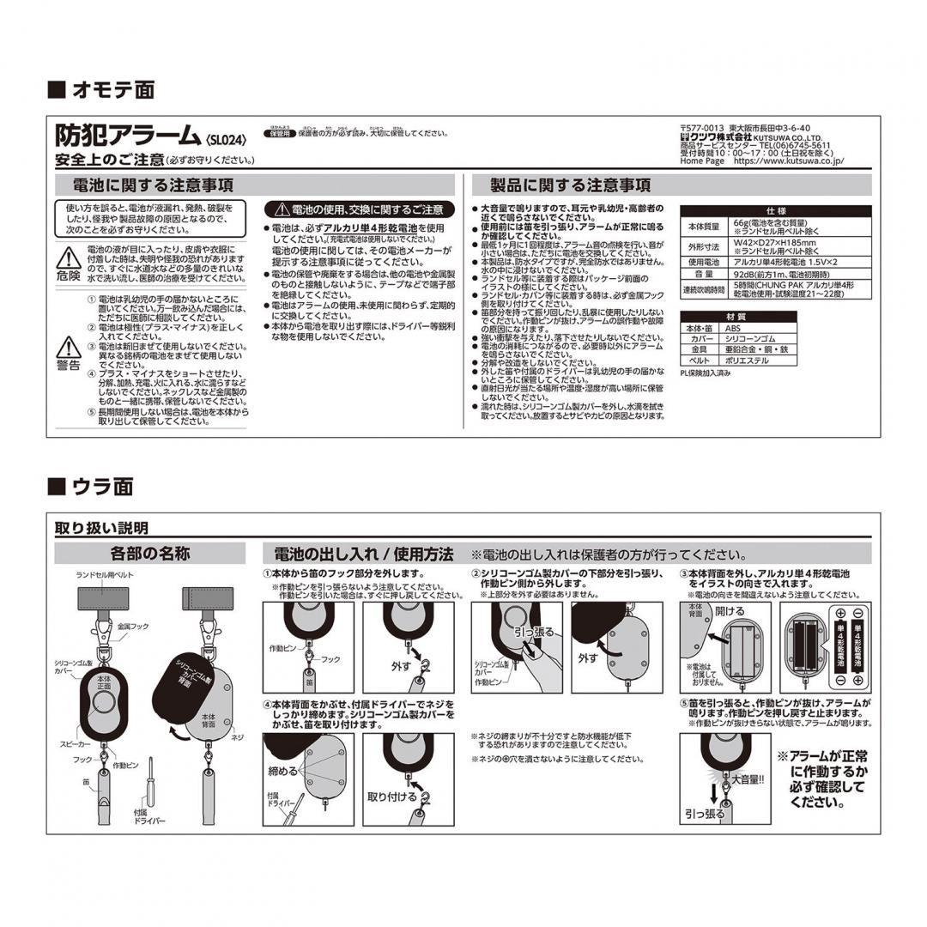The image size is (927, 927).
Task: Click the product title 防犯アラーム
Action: pyautogui.click(x=128, y=136)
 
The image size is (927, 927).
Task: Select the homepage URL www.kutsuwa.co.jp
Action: pyautogui.click(x=789, y=161)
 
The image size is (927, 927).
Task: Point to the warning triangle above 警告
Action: pyautogui.click(x=68, y=347)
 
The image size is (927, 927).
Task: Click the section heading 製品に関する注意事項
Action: pyautogui.click(x=570, y=185)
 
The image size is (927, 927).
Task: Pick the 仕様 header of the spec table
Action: pyautogui.click(x=774, y=211)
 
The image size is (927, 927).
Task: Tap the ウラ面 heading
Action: pyautogui.click(x=101, y=487)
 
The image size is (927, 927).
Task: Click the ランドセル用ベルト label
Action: pyautogui.click(x=105, y=573)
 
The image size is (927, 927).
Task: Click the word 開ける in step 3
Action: pyautogui.click(x=730, y=611)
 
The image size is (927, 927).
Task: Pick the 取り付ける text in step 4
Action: pyautogui.click(x=392, y=797)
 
